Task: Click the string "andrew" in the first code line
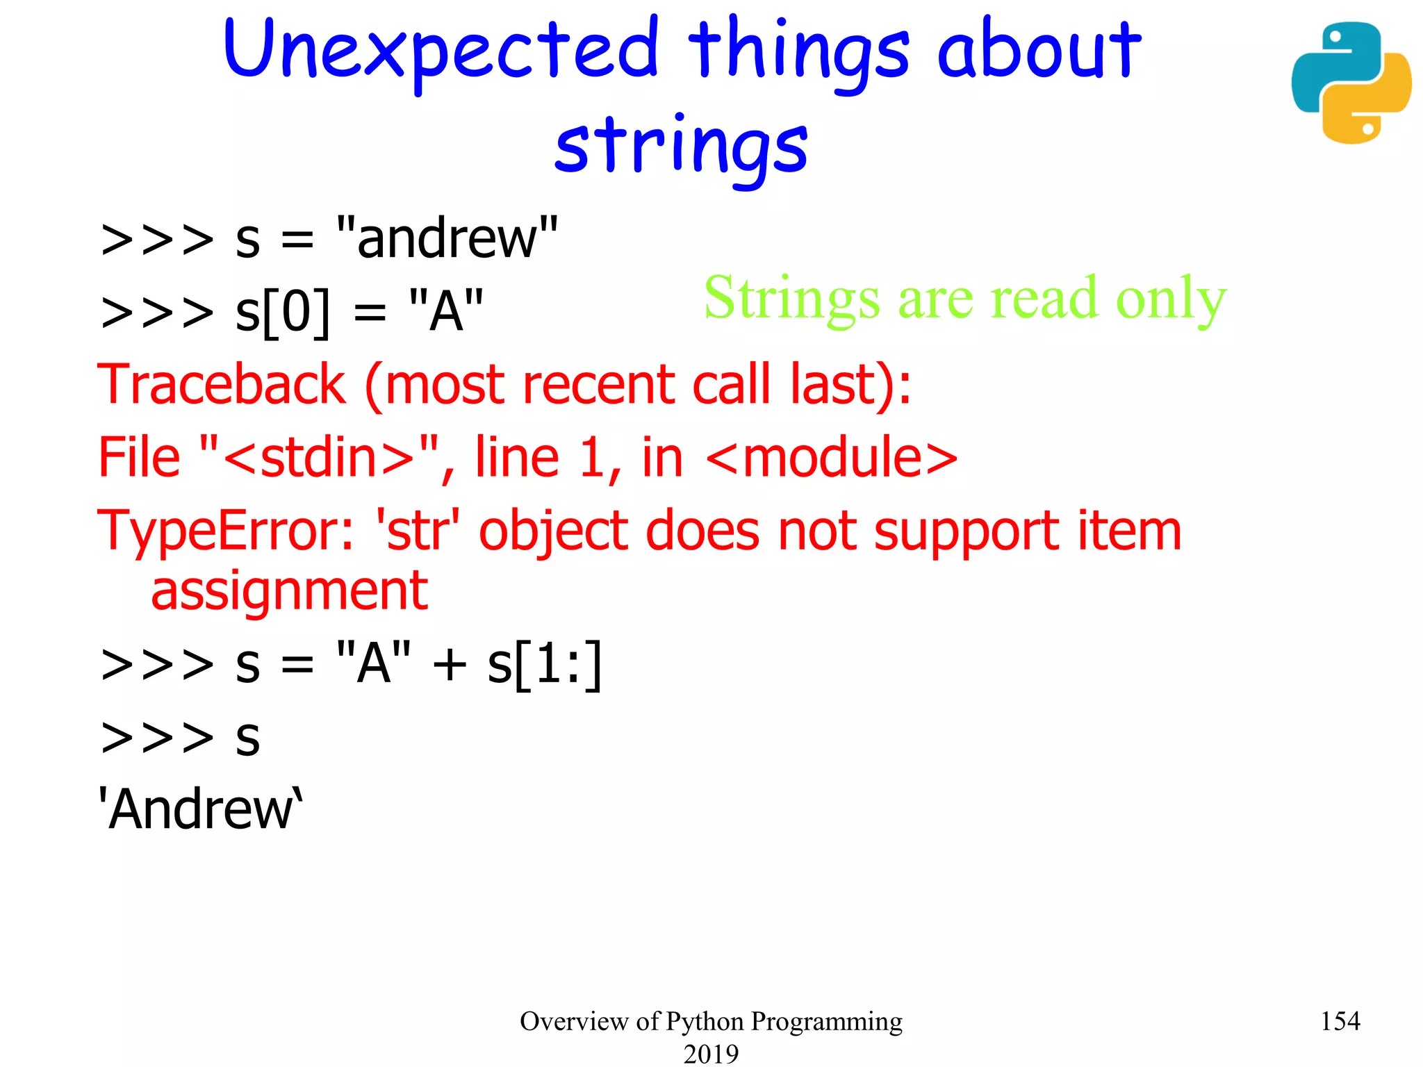click(x=447, y=238)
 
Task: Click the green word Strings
click(x=791, y=299)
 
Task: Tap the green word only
click(x=1171, y=299)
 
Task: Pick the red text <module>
click(x=832, y=458)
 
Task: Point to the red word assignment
click(x=289, y=591)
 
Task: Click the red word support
click(x=966, y=531)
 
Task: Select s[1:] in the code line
click(x=544, y=665)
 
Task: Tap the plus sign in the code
click(x=449, y=665)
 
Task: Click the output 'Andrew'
click(x=200, y=809)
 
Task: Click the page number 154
click(x=1340, y=1020)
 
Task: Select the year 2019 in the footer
click(x=711, y=1053)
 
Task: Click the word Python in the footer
click(x=705, y=1021)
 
